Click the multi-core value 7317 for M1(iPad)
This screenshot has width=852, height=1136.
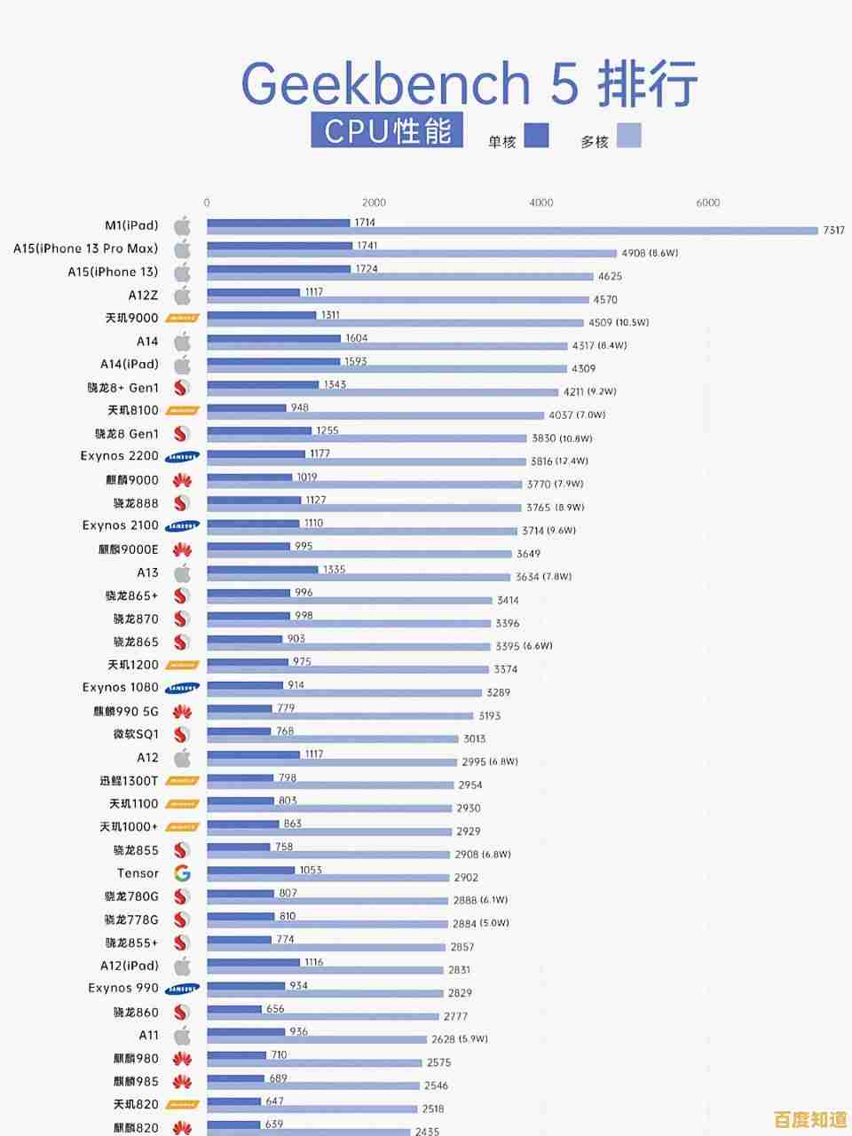[x=833, y=231]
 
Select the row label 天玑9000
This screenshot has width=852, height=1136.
[x=132, y=318]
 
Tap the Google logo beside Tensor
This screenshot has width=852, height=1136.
[x=182, y=873]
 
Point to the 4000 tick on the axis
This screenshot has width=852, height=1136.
[x=540, y=203]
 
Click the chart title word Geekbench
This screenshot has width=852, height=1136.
[x=385, y=84]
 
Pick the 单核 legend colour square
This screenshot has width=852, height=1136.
[x=536, y=135]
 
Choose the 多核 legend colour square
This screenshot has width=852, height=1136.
[x=628, y=135]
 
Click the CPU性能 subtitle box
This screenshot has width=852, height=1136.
[x=387, y=131]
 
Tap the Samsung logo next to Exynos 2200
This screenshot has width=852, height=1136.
[x=182, y=457]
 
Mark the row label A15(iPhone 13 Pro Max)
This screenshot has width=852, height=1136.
[x=85, y=248]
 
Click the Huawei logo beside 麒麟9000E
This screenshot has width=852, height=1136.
[x=182, y=550]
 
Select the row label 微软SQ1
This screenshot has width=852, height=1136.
[x=136, y=735]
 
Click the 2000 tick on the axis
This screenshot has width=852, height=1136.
[x=374, y=203]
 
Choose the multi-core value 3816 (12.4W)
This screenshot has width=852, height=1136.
[x=559, y=461]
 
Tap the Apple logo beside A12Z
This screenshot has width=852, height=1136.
[x=182, y=295]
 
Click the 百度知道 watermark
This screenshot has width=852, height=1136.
[x=809, y=1119]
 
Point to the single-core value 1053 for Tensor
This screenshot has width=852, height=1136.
[x=311, y=870]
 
